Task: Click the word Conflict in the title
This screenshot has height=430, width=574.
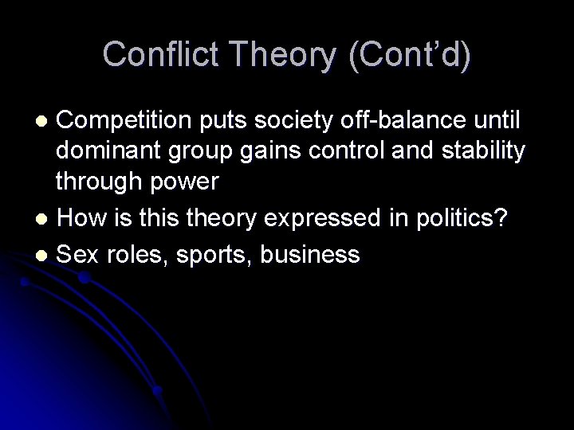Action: [153, 54]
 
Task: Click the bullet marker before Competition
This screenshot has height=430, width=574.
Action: [45, 122]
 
